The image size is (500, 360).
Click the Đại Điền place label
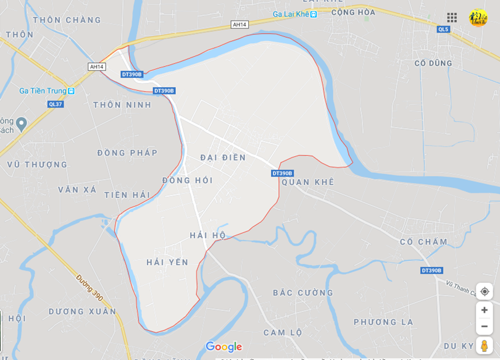point(223,157)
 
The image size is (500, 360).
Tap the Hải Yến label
point(167,262)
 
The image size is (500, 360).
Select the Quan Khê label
point(307,182)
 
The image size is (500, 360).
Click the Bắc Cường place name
point(303,293)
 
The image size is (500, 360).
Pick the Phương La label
point(383,322)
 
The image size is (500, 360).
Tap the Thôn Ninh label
point(122,105)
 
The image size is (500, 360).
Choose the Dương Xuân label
point(82,312)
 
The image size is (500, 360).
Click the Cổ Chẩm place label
point(423,241)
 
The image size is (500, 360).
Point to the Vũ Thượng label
point(37,165)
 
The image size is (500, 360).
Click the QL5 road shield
point(443,29)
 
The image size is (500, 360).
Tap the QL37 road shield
point(56,104)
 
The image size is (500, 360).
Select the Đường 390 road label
point(90,287)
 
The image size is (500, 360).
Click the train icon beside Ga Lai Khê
point(314,14)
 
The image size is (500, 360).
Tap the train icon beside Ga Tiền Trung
point(71,91)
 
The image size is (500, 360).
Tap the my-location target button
point(485,291)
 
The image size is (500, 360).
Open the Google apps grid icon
point(452,17)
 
